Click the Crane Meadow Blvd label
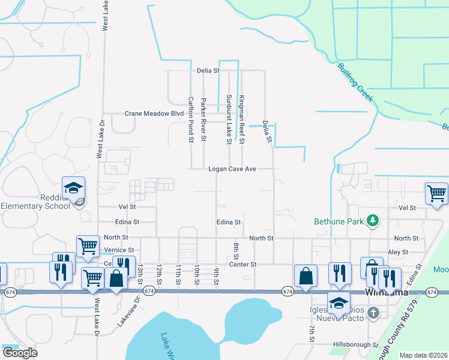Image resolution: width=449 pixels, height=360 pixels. tap(154, 113)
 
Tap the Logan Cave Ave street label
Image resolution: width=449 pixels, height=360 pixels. tap(232, 169)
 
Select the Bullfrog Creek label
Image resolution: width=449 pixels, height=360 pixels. tap(355, 83)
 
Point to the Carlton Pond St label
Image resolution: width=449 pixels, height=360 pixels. tap(191, 119)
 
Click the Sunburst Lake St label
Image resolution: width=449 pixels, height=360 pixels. tap(229, 119)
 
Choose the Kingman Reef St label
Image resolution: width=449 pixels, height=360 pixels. tap(241, 119)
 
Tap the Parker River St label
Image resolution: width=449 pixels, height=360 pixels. tap(203, 119)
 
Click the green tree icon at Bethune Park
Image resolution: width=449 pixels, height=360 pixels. tap(373, 221)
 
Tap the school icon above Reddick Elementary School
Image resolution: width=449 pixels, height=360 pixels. tap(73, 188)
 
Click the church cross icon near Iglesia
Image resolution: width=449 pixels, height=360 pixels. tap(373, 313)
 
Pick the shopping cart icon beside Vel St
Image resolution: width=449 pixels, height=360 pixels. tap(436, 194)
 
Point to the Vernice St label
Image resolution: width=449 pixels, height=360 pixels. tap(119, 250)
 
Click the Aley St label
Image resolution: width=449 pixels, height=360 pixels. tap(398, 253)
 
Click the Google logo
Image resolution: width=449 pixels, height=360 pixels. tap(20, 352)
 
